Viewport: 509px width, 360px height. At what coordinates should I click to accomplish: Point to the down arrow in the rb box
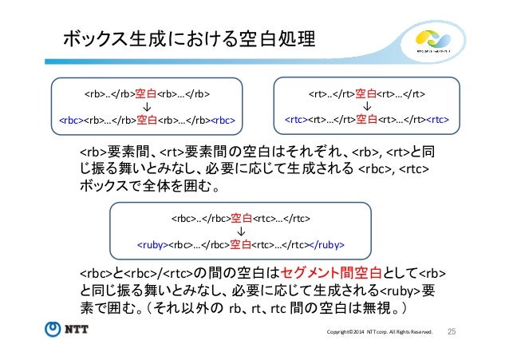click(x=148, y=105)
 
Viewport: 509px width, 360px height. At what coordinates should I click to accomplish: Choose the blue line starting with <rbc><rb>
click(x=148, y=121)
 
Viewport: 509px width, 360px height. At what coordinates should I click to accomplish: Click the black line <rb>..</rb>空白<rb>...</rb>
click(x=148, y=92)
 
